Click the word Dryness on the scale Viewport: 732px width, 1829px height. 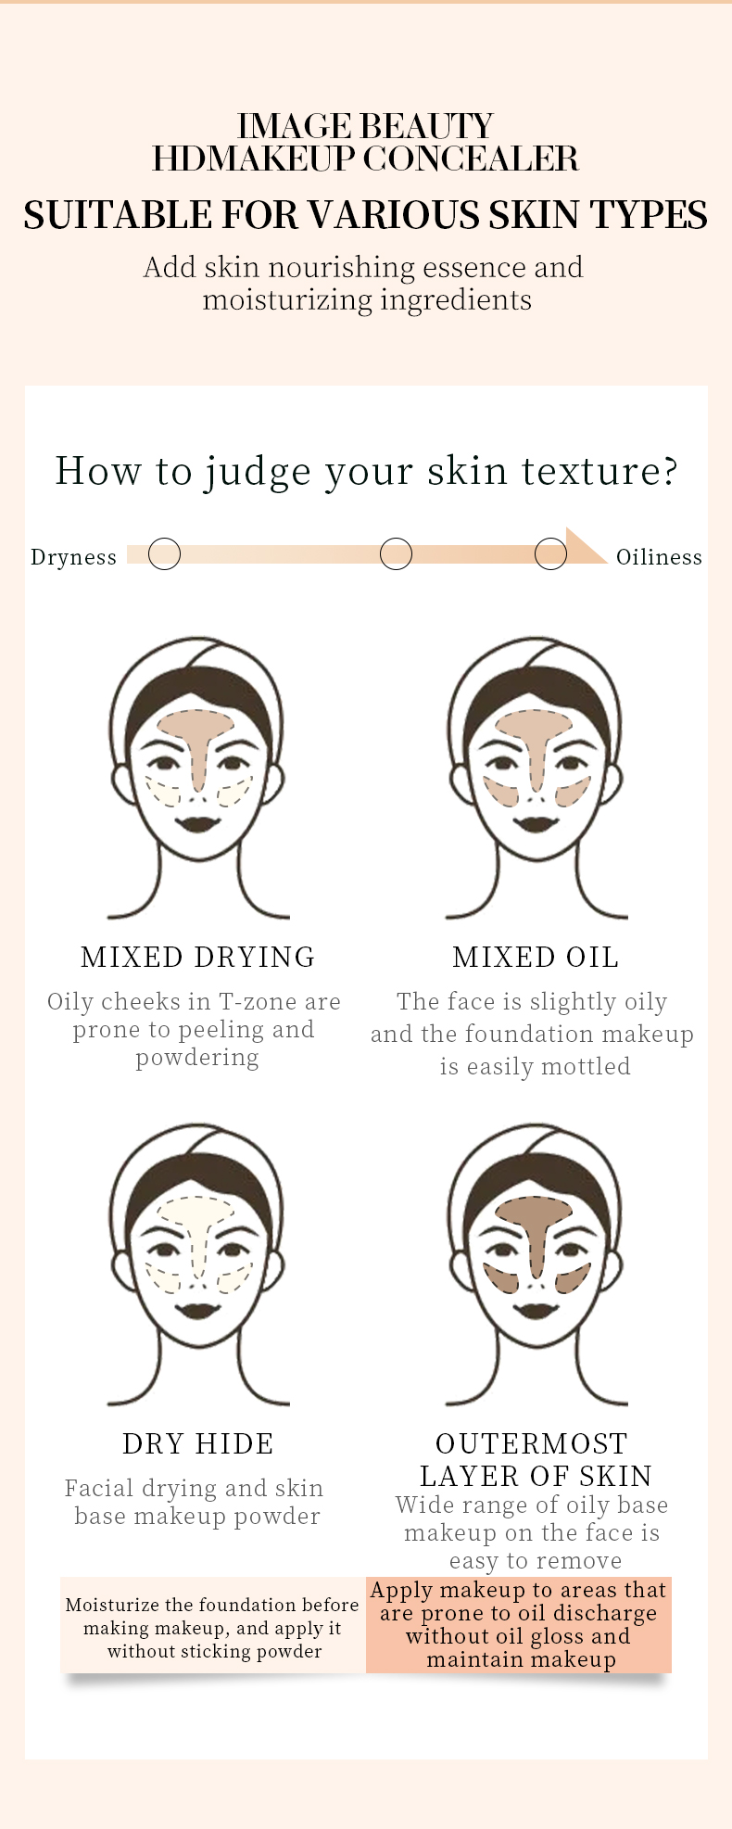74,557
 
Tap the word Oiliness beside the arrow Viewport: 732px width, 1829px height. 659,557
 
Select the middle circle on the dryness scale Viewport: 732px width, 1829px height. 396,553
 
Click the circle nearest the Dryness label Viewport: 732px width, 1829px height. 164,553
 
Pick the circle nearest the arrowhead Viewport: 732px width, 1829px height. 550,553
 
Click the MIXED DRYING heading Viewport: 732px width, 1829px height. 198,957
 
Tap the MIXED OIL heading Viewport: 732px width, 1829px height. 536,957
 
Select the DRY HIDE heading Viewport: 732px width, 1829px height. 198,1443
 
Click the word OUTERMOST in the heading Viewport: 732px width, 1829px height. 532,1443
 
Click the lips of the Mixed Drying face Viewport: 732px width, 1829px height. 197,822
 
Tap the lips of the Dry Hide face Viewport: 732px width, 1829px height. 197,1309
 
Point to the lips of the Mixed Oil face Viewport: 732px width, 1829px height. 536,822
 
